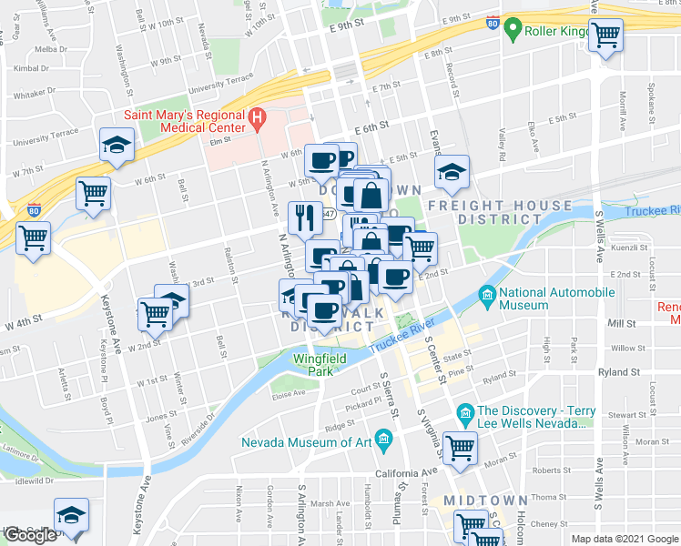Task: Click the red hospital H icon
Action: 258,117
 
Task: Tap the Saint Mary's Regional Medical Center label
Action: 186,121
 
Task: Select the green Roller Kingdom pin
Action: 512,30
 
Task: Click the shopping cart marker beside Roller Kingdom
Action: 605,36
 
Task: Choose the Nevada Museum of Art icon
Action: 383,442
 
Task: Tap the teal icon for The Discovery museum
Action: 465,417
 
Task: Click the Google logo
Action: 31,535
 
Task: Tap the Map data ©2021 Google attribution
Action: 624,539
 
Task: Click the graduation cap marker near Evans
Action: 451,173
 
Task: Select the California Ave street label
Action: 404,473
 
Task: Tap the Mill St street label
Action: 623,324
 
